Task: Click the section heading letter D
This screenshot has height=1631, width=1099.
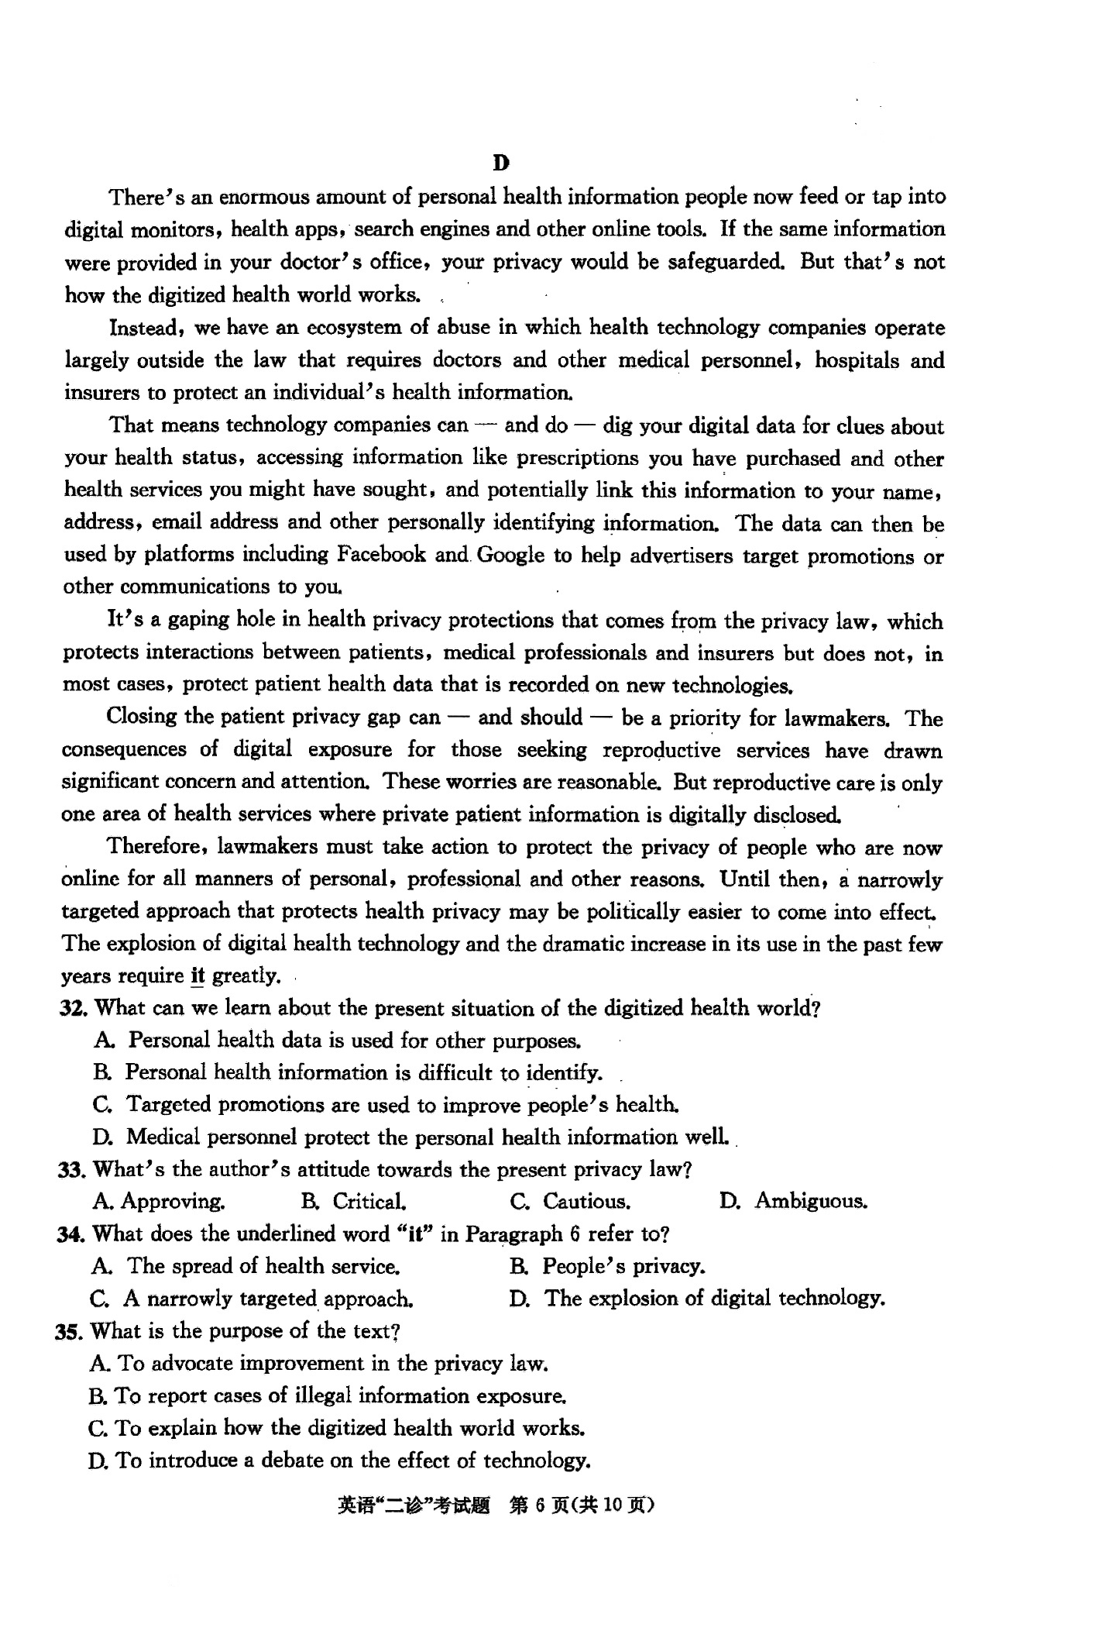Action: (501, 163)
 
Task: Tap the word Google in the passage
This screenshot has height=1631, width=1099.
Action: (512, 555)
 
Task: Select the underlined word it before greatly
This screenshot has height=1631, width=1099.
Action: (197, 976)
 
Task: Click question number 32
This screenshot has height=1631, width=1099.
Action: (75, 1008)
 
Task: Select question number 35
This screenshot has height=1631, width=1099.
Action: (71, 1331)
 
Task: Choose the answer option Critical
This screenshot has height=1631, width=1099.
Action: (369, 1202)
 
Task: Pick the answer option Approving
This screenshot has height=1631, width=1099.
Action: (173, 1202)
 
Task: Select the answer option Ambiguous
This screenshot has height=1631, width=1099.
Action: (811, 1202)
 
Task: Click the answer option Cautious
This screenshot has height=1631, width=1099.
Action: (586, 1202)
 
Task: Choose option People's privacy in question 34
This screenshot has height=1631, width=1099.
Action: (623, 1266)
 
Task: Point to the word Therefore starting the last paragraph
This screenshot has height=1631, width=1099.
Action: (155, 846)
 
